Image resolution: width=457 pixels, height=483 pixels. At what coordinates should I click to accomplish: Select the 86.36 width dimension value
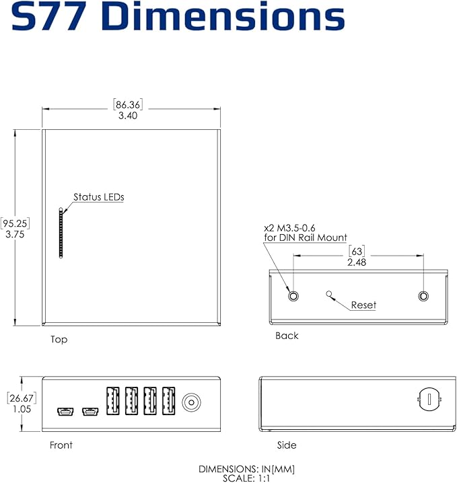click(129, 105)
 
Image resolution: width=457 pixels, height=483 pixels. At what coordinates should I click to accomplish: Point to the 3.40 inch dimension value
click(129, 116)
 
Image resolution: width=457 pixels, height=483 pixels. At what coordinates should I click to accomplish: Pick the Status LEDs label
click(99, 197)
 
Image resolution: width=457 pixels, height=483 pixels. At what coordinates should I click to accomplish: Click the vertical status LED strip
click(61, 232)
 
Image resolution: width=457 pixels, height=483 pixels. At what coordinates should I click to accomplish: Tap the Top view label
click(59, 340)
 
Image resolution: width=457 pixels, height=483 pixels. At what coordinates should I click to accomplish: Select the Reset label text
click(363, 305)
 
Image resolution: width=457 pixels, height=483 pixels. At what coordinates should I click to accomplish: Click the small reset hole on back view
click(329, 293)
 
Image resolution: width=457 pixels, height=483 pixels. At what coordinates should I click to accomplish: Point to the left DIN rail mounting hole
click(293, 296)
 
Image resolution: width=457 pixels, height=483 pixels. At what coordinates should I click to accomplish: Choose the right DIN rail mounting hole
click(423, 296)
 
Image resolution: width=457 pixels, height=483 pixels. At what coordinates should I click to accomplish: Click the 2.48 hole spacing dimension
click(357, 262)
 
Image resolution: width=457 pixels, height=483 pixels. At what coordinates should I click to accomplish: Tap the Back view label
click(287, 336)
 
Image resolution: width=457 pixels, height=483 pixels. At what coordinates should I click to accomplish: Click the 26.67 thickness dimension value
click(22, 398)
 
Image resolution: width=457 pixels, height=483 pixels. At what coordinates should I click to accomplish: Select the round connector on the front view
click(191, 402)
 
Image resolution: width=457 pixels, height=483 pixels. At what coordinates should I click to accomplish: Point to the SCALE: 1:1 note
click(246, 478)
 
